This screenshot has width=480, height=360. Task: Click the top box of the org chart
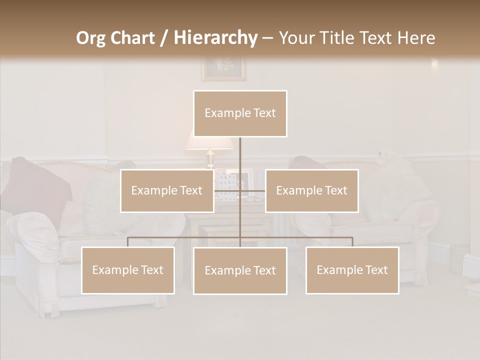point(240,113)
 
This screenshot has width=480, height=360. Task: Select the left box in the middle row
point(167,190)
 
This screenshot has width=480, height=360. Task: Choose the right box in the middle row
point(311,190)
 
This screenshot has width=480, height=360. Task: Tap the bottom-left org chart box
point(128,270)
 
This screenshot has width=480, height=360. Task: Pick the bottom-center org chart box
point(240,270)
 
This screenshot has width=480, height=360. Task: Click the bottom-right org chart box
point(352,270)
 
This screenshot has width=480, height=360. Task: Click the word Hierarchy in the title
point(215,38)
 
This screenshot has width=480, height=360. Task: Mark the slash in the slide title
point(164,38)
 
